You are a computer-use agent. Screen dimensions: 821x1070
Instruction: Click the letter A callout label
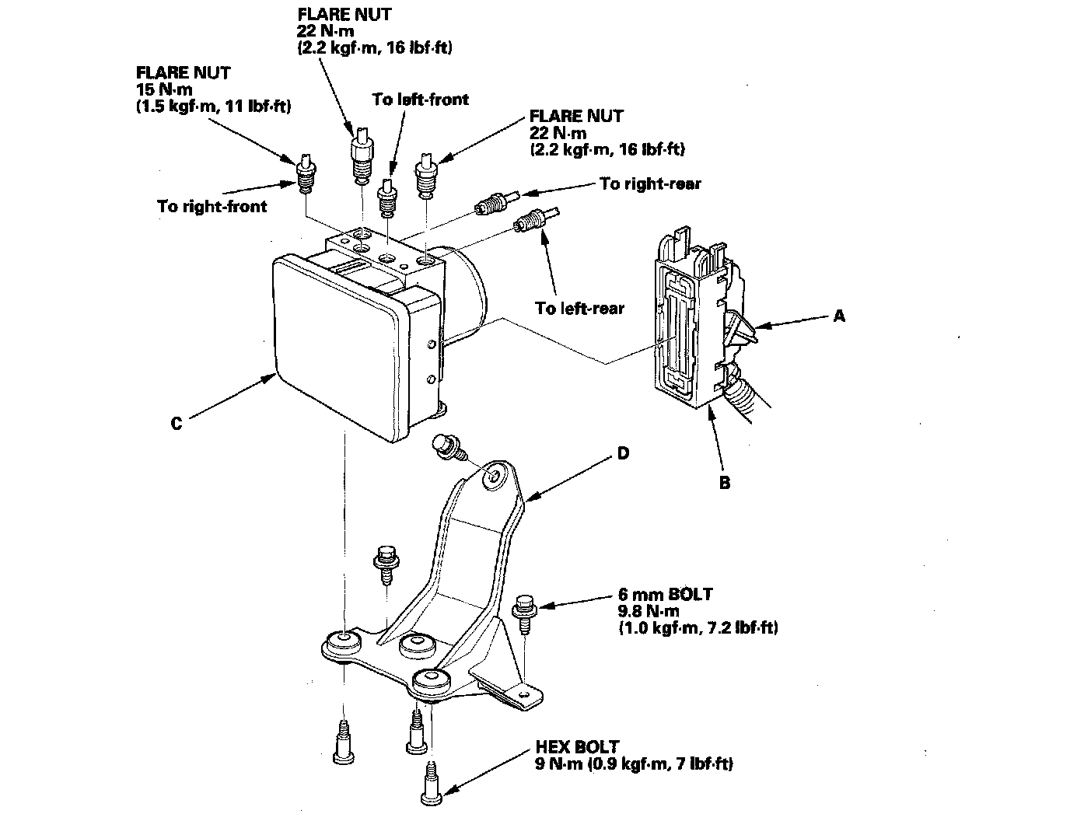838,316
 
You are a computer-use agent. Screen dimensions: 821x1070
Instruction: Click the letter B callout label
725,483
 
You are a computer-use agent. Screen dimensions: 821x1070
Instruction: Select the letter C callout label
177,424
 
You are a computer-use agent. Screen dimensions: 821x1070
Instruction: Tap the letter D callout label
622,452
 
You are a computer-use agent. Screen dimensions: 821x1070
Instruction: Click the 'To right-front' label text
212,206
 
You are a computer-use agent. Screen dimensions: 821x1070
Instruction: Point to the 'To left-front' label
420,100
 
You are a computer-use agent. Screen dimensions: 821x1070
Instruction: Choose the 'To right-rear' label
650,184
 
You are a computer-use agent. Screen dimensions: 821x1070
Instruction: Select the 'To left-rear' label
579,308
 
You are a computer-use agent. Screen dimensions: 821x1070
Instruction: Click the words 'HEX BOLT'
577,747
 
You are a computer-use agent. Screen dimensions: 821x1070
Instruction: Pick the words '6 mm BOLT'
665,595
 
